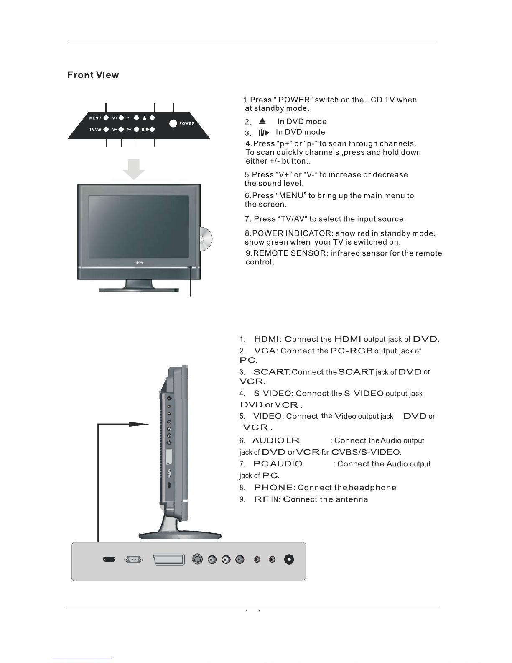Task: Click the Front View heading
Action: coord(93,75)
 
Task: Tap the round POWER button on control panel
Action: coord(173,123)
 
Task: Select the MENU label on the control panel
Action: coord(95,118)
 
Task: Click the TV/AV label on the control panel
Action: coord(95,129)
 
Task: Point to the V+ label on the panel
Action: coord(115,118)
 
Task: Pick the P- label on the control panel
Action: coord(129,130)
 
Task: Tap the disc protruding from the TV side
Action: coord(206,239)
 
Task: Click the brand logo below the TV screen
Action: coord(139,262)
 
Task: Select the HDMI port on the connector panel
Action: coord(109,560)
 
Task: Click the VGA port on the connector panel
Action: coord(133,560)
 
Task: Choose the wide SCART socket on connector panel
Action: coord(169,560)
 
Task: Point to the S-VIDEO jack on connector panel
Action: coord(197,559)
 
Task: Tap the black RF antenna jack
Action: coord(289,559)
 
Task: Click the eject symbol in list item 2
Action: coord(262,121)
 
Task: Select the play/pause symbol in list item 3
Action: coord(264,133)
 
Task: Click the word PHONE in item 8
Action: coord(273,488)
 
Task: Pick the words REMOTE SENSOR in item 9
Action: coord(290,253)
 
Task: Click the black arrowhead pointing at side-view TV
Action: coord(139,424)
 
